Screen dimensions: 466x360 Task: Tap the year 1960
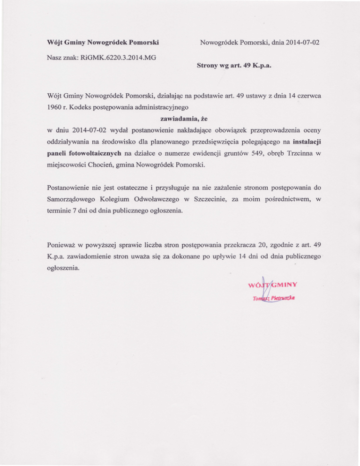57,108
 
